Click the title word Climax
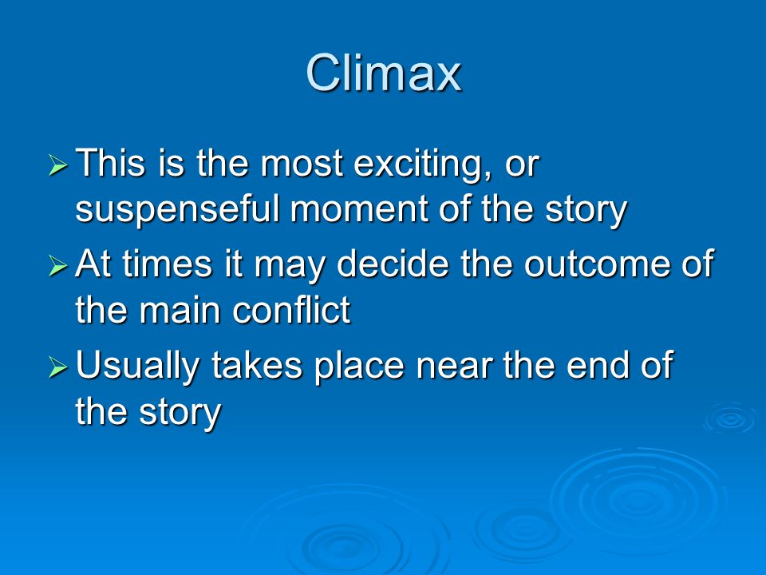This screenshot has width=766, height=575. point(384,73)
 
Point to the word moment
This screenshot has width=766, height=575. point(360,210)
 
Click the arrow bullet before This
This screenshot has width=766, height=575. point(58,166)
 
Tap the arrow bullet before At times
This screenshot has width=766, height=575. point(58,267)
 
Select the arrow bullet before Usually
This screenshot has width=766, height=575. point(58,367)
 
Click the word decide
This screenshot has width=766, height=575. point(393,264)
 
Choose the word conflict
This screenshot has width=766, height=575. point(292,310)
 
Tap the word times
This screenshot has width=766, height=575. point(167,264)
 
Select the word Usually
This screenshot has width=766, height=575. point(138,366)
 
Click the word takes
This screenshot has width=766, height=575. point(257,365)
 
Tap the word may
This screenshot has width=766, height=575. point(289,267)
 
